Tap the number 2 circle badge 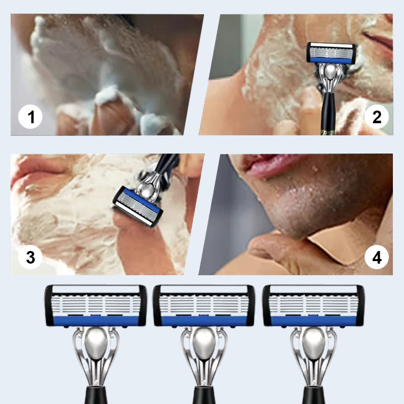pos(377,117)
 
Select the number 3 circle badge pos(30,257)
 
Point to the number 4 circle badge pos(377,258)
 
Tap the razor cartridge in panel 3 pos(135,206)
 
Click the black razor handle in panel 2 pos(328,114)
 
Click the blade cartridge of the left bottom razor pos(96,306)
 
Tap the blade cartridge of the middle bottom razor pos(204,306)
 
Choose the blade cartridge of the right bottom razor pos(313,306)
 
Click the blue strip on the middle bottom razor pos(204,320)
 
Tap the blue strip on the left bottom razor pos(96,320)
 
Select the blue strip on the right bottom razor pos(313,320)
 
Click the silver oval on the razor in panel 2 pos(329,73)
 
